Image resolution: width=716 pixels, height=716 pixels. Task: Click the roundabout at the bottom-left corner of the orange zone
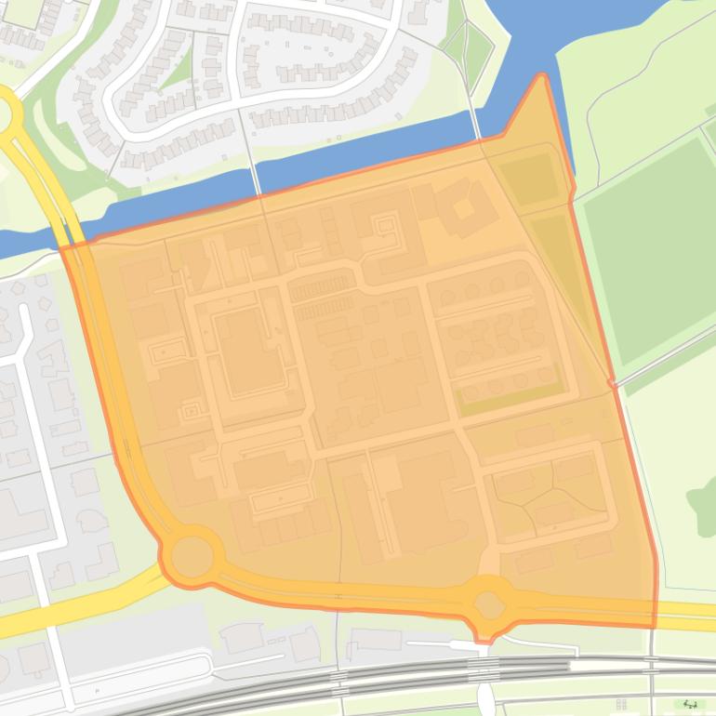pos(192,556)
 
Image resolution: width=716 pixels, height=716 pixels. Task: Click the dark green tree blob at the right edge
pos(703,503)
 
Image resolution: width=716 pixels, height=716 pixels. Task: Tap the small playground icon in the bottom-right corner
pos(690,704)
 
